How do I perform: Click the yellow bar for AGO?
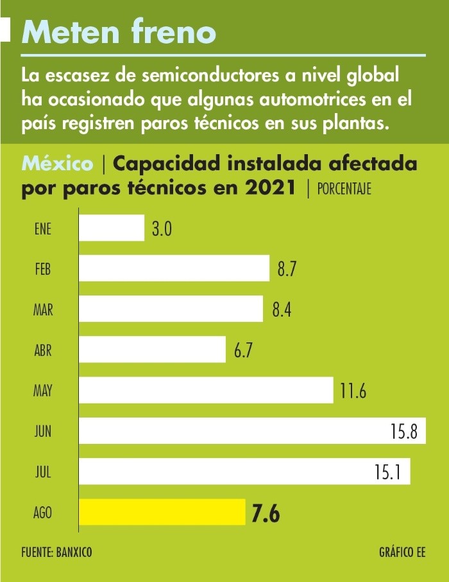coord(162,513)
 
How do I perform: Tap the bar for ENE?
coord(112,228)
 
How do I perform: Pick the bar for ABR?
coord(152,349)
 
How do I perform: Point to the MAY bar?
coord(206,390)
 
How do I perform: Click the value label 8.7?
coord(286,269)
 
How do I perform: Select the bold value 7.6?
coord(266,514)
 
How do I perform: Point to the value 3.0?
coord(162,229)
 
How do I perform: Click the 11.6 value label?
coord(353,391)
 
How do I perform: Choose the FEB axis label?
coord(43,269)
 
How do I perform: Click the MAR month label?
coord(43,310)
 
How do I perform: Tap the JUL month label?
coord(43,472)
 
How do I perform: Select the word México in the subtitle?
coord(57,164)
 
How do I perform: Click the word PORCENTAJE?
coord(344,190)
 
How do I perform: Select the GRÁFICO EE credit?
coord(402,552)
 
